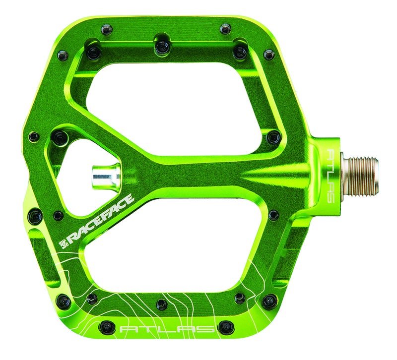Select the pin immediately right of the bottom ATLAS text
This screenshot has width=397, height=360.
226,327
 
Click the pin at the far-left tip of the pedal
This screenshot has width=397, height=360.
34,136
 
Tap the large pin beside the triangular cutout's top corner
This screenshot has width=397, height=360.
61,137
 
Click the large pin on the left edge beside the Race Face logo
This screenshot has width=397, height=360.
35,216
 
